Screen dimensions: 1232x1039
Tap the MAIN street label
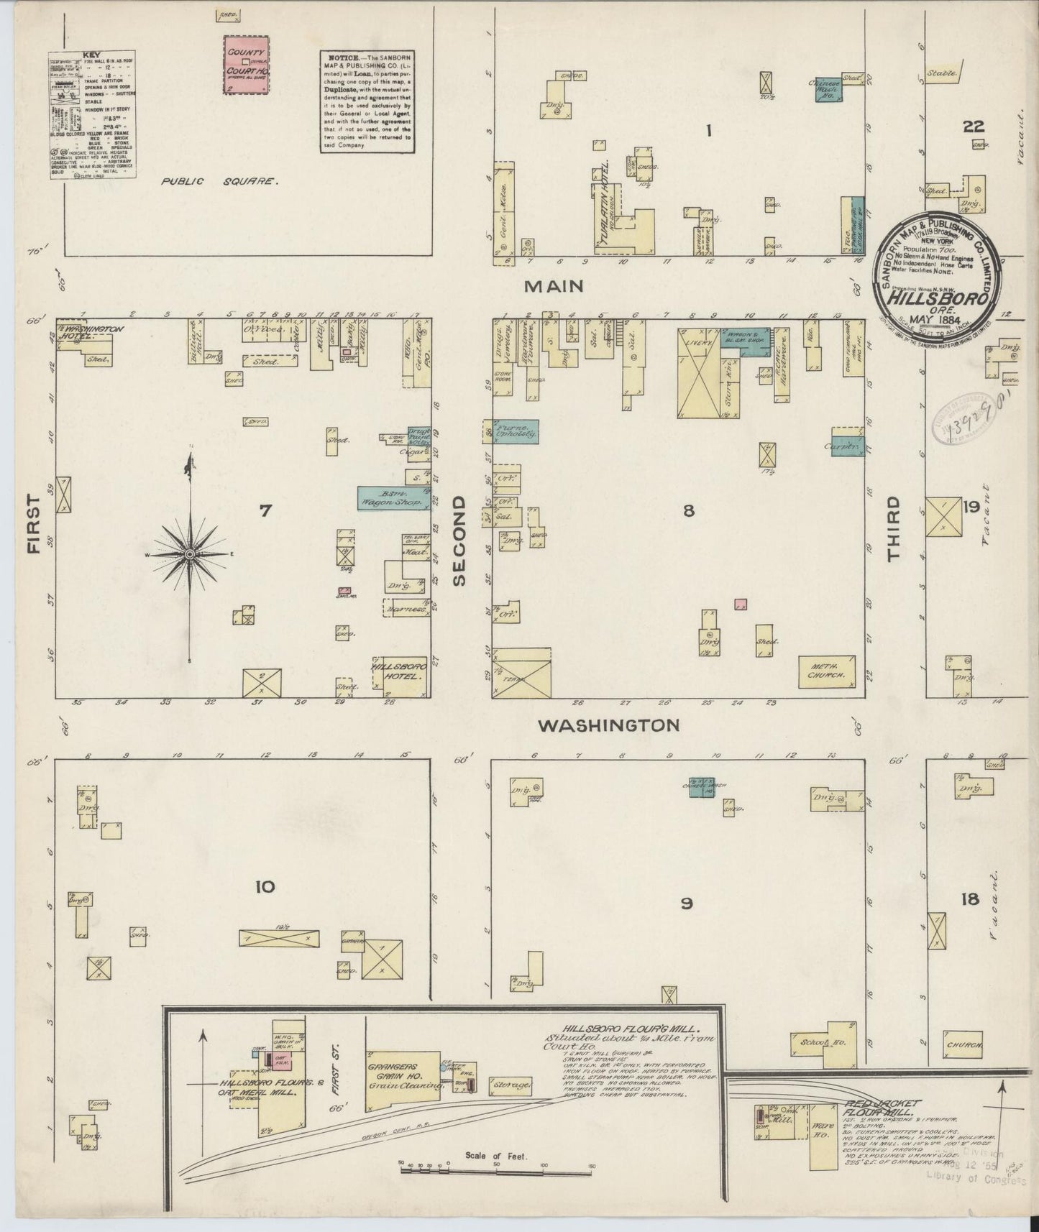(553, 286)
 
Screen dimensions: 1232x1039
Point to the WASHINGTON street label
(609, 725)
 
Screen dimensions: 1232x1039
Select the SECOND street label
(461, 540)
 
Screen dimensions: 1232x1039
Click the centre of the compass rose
(190, 555)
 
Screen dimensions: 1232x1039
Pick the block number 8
(688, 511)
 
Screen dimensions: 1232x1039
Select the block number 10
(265, 886)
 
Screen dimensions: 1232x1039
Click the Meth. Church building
(827, 671)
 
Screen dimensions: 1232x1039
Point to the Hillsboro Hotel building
(400, 673)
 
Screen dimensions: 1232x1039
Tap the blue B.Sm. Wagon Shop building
(394, 498)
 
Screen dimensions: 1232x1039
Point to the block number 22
(974, 127)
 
